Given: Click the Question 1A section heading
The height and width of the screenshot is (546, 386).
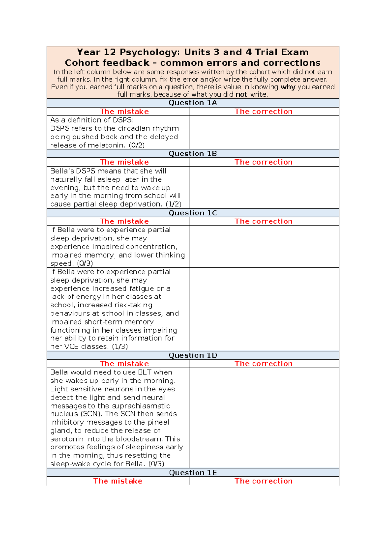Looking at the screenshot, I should [x=193, y=103].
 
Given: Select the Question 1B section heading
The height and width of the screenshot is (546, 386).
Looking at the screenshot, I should [x=193, y=154].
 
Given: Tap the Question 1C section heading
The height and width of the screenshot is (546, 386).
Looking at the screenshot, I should [x=193, y=213].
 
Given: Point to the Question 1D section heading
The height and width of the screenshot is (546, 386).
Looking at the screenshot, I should [x=193, y=355].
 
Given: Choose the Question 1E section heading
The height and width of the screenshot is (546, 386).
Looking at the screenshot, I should [x=193, y=472].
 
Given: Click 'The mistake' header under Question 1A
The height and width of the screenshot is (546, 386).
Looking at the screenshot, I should [x=124, y=111].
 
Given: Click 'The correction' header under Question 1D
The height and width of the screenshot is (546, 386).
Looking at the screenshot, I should [x=263, y=363].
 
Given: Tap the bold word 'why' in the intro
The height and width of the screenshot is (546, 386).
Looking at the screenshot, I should [x=288, y=87].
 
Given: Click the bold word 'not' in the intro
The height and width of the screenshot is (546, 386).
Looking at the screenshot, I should [x=241, y=94].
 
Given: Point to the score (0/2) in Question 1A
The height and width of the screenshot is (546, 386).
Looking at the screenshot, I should [x=136, y=145].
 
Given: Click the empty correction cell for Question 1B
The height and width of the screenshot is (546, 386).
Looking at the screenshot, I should [x=264, y=187].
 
